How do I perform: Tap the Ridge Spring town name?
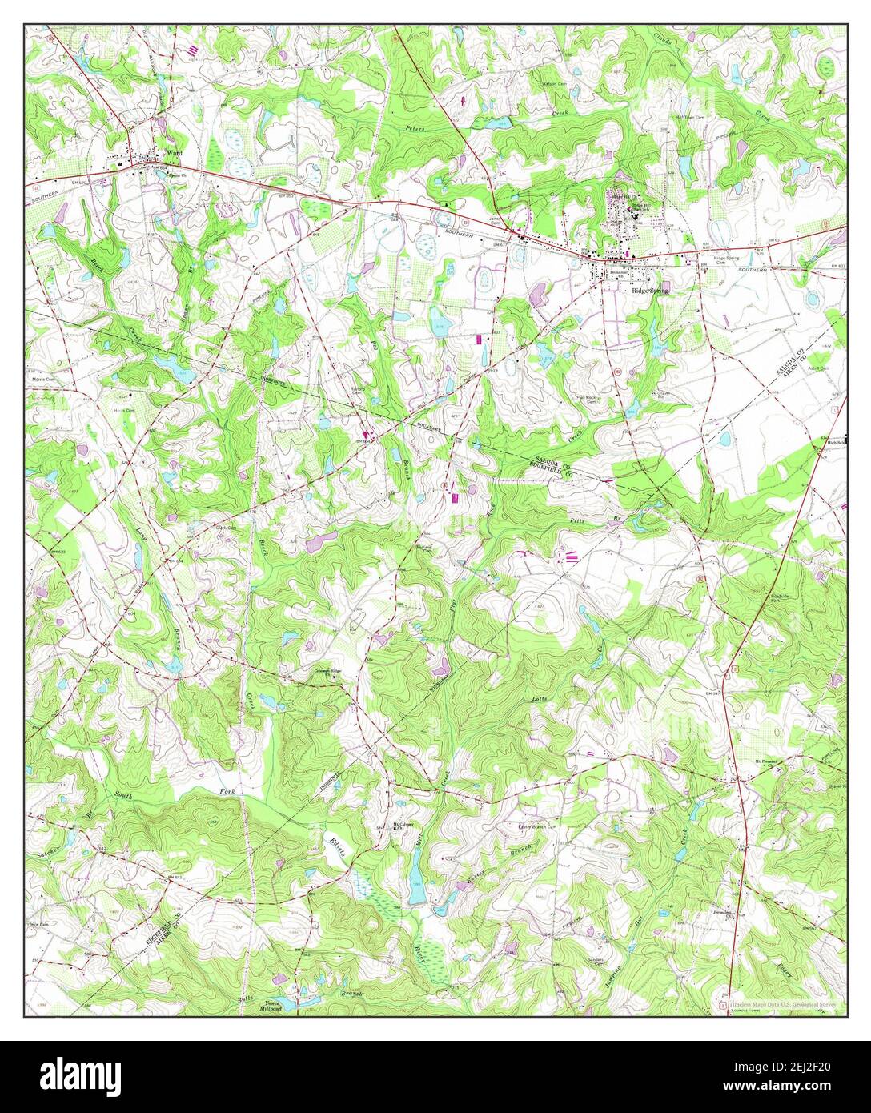click(649, 291)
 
